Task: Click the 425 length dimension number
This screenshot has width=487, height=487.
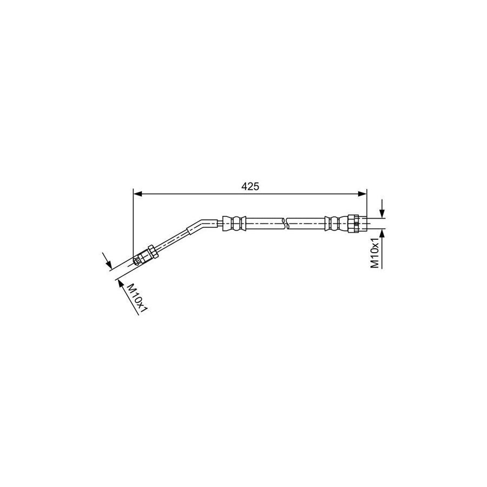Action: click(x=249, y=186)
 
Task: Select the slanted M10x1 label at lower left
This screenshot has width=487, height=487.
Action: click(x=137, y=297)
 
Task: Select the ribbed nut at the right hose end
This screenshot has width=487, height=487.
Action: click(x=354, y=223)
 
